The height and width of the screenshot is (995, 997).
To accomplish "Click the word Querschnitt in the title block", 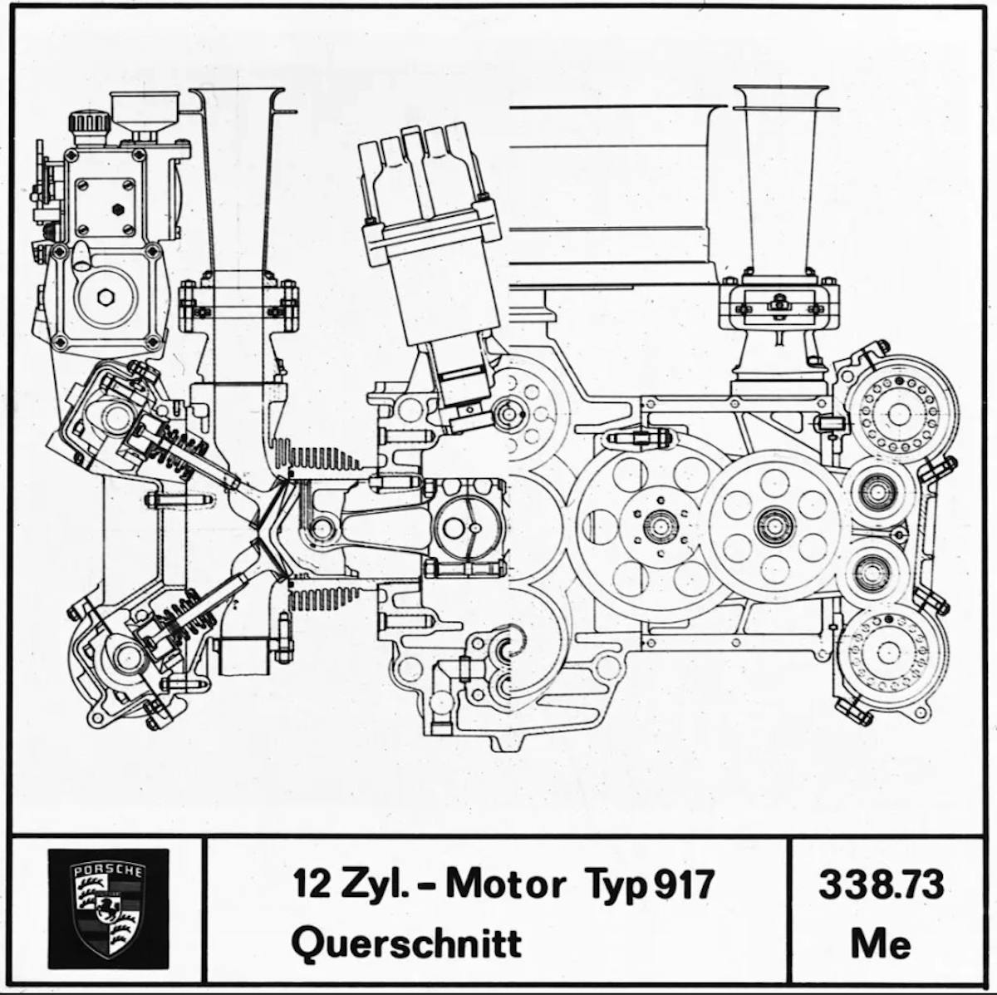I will (x=406, y=943).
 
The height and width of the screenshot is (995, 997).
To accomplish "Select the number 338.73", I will (x=881, y=884).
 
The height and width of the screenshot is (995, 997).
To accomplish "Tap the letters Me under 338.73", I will (x=881, y=943).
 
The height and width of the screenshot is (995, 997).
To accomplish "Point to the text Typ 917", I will (x=649, y=884).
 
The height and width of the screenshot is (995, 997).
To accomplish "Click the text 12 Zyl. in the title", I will (x=350, y=884).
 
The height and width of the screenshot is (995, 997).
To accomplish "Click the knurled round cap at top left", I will (x=89, y=125).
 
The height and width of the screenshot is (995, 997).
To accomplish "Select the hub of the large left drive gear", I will (x=661, y=526).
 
